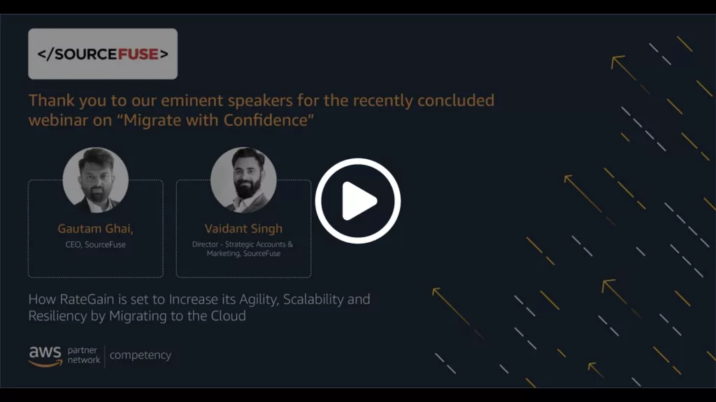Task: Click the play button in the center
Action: (x=357, y=201)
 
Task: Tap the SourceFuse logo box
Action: (x=103, y=54)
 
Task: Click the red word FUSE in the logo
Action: (x=138, y=54)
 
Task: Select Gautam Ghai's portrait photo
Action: (x=95, y=180)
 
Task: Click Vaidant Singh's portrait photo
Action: (x=243, y=180)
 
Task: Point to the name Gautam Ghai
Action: (x=95, y=229)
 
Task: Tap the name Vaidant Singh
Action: (x=243, y=228)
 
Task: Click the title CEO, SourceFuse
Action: (x=95, y=245)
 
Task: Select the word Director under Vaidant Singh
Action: (x=205, y=244)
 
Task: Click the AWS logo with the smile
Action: (x=45, y=356)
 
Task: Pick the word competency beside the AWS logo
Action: (x=140, y=355)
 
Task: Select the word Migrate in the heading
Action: (x=149, y=121)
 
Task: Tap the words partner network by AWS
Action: (x=84, y=355)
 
